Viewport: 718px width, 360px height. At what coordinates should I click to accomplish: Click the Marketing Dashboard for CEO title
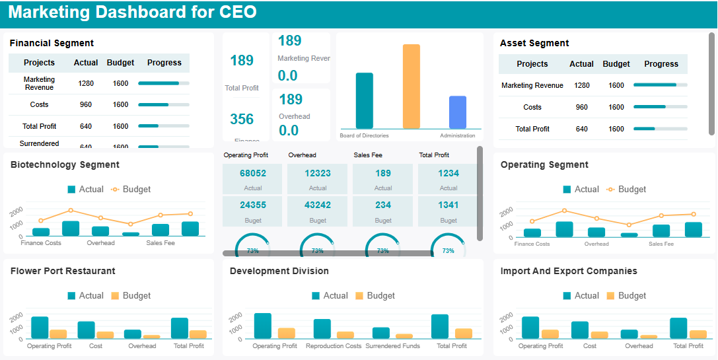coord(132,13)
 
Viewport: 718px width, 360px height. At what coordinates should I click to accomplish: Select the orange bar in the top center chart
coord(412,86)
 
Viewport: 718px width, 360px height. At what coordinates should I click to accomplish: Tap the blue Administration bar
coord(458,112)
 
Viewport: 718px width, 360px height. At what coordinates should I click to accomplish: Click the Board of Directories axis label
coord(364,135)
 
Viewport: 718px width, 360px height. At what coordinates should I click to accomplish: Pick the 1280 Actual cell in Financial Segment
coord(86,83)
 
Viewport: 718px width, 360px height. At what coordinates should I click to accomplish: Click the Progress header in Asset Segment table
coord(661,64)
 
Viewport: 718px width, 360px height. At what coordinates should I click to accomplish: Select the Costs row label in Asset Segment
coord(532,107)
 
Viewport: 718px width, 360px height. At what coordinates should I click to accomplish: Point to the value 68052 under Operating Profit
coord(252,173)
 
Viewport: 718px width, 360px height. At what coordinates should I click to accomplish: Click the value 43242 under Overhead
coord(318,205)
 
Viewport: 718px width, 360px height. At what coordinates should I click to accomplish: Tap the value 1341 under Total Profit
coord(448,205)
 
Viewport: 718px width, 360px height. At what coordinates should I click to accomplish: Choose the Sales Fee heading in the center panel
coord(369,155)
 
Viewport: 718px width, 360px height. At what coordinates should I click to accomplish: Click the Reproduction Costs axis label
coord(334,346)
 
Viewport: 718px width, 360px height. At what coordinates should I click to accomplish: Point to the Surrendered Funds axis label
coord(392,346)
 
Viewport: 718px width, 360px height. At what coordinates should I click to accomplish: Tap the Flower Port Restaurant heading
coord(63,271)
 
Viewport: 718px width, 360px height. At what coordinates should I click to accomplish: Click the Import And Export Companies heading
coord(569,271)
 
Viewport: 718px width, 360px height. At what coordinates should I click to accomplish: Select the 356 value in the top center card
coord(242,119)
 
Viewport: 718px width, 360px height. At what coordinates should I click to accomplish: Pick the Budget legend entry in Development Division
coord(375,296)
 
